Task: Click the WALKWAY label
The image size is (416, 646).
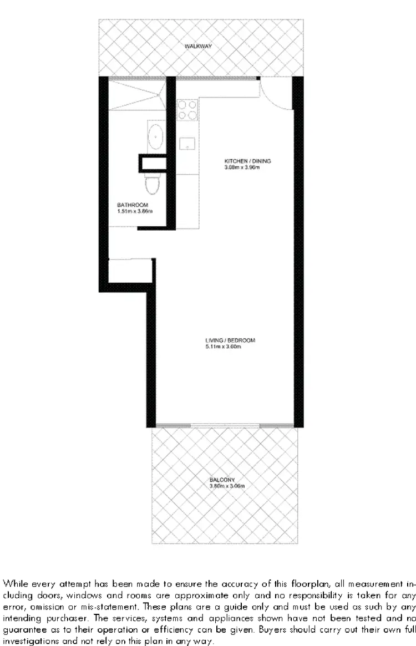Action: point(199,47)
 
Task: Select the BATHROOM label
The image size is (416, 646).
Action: point(133,205)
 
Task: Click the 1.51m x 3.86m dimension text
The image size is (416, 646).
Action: point(135,211)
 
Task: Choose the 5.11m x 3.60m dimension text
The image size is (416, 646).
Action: point(223,347)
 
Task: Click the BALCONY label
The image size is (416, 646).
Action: point(222,480)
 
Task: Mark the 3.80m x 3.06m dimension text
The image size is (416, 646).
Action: point(227,486)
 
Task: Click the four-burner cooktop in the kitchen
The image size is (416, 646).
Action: point(187,109)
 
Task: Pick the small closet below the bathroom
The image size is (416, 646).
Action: point(130,272)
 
